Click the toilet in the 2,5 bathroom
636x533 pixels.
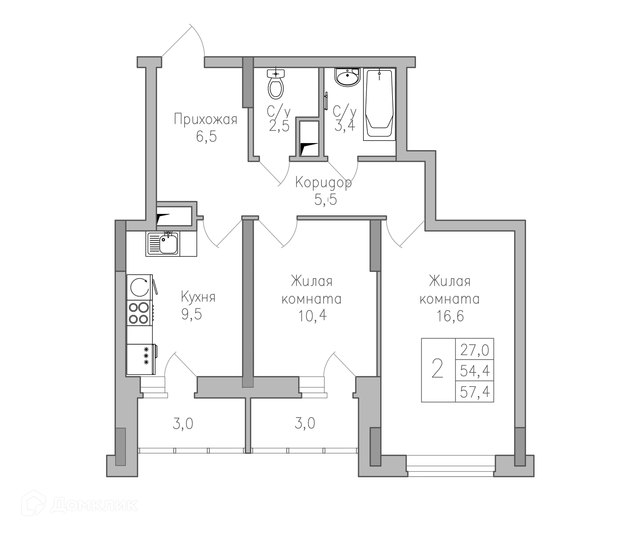(276, 84)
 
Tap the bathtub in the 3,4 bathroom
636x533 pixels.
(379, 104)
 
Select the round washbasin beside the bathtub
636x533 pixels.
(347, 77)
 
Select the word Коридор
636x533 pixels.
(323, 183)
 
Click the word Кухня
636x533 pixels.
(198, 297)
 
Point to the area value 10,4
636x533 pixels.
(312, 316)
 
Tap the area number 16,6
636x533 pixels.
(450, 316)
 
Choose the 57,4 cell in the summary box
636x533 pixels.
(475, 392)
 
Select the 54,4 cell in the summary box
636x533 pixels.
(475, 371)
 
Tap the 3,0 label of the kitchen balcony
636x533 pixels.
(183, 424)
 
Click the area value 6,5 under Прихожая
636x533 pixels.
(206, 136)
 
